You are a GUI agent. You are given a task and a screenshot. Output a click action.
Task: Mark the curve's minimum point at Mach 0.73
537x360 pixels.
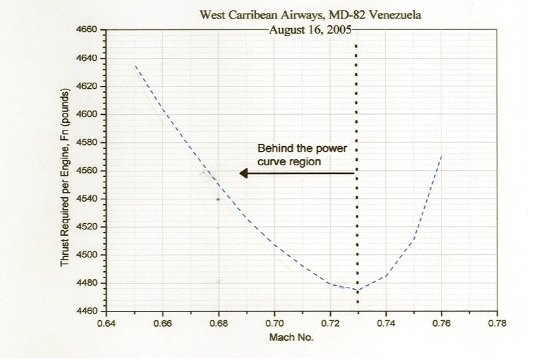tap(357, 290)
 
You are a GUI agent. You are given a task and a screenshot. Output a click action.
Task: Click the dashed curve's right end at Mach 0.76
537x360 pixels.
tap(441, 156)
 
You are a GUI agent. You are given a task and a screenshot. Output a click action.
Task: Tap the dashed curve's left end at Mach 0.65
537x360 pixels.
tap(135, 65)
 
